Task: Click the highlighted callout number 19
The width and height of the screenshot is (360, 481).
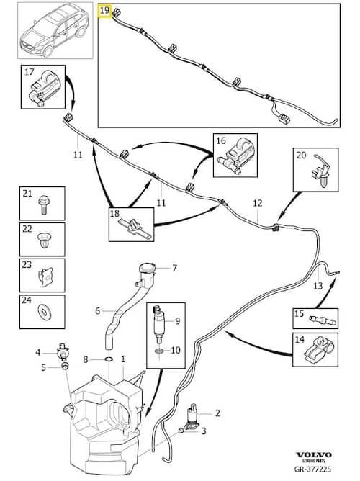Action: [x=104, y=11]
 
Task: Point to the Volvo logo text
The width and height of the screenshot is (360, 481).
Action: [x=314, y=454]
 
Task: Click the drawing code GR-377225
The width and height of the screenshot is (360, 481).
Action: [x=312, y=469]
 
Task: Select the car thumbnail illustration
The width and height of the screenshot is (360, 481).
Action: [x=55, y=30]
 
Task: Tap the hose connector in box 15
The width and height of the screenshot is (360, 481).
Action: [x=323, y=320]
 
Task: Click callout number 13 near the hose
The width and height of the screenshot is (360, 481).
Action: [x=318, y=286]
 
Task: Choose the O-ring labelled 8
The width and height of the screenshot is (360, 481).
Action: [x=109, y=359]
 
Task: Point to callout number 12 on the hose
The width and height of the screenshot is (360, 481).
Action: [x=258, y=203]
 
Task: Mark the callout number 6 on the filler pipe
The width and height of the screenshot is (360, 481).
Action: [x=97, y=311]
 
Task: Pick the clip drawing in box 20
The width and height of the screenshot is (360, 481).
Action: [x=320, y=171]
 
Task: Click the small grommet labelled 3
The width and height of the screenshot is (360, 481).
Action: [x=181, y=431]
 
